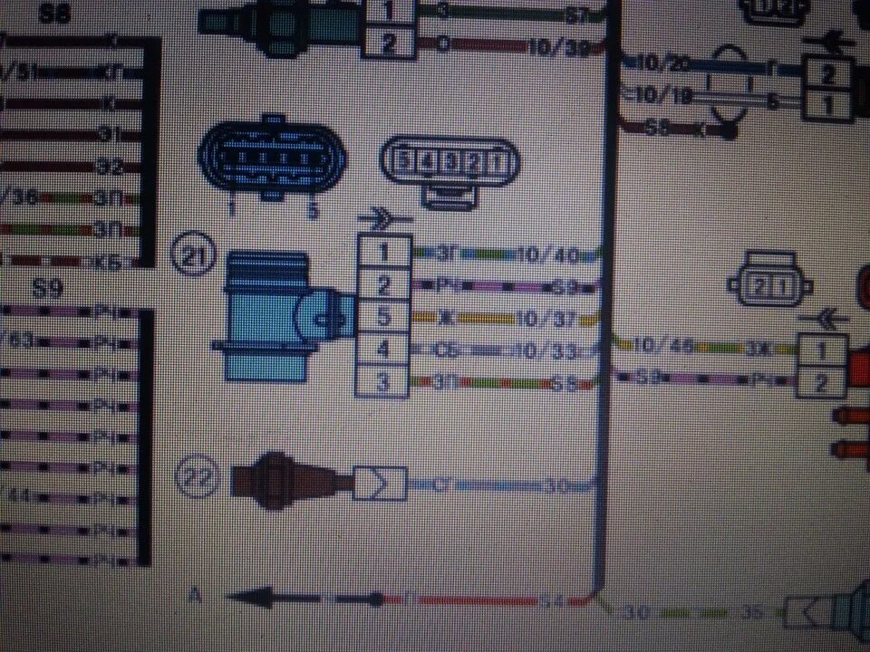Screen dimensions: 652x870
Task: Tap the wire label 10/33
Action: point(541,350)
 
